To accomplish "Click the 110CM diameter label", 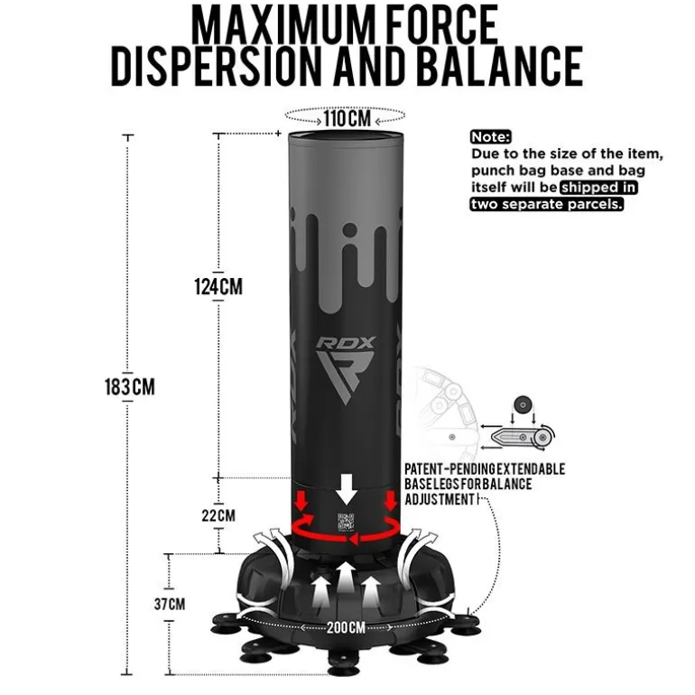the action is pyautogui.click(x=347, y=118).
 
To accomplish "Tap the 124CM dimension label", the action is pyautogui.click(x=218, y=286).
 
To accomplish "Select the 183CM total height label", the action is pyautogui.click(x=130, y=386).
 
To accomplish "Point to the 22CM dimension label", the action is pyautogui.click(x=218, y=515).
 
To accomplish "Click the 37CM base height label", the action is pyautogui.click(x=170, y=604).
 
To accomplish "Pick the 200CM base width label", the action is pyautogui.click(x=347, y=627).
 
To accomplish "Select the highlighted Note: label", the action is pyautogui.click(x=491, y=137).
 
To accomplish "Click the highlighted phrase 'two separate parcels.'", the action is pyautogui.click(x=547, y=204).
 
